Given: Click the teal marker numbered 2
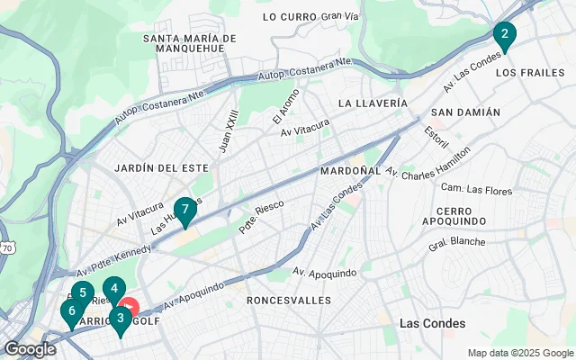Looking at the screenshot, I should click(504, 36).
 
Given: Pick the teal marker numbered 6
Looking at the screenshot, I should click(113, 290).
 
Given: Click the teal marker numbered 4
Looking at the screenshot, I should click(71, 311).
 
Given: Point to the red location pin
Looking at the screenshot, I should click(129, 306).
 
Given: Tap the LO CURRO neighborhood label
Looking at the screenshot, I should click(289, 17).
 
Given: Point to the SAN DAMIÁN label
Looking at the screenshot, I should click(465, 112).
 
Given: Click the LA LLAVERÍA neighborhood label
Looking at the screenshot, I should click(373, 103).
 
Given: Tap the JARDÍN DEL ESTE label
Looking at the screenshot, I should click(161, 167).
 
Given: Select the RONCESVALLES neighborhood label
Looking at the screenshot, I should click(284, 299).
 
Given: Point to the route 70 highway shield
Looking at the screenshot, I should click(7, 247).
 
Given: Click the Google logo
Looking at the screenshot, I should click(30, 349).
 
